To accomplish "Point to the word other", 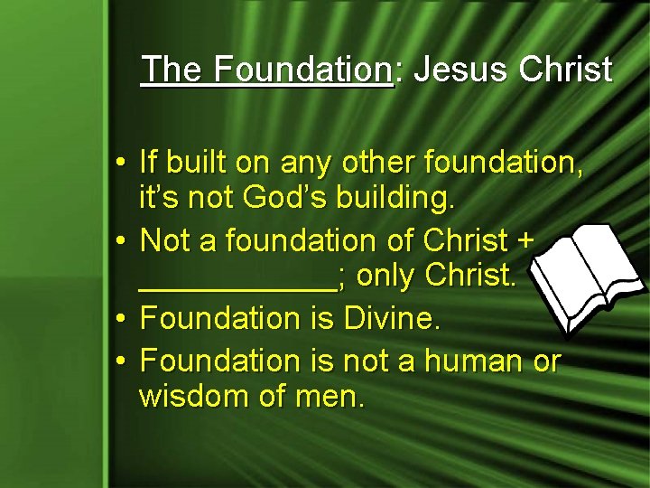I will (396, 164).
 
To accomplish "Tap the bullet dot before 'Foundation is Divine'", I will (120, 319).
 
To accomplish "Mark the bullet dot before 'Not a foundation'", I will (120, 241).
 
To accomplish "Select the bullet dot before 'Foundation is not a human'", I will (120, 361).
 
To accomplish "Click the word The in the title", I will (172, 69).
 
